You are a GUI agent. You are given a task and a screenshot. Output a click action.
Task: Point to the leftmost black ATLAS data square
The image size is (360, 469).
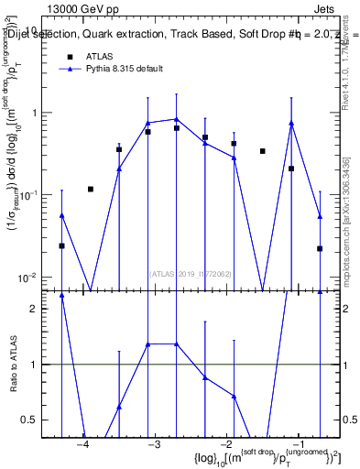[x=61, y=245]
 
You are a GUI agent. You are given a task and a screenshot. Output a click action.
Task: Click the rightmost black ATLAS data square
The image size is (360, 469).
[x=320, y=248]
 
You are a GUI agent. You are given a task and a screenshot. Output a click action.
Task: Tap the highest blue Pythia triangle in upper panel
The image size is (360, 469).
[x=176, y=119]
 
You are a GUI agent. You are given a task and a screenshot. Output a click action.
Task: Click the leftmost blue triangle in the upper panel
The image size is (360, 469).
[x=61, y=215]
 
